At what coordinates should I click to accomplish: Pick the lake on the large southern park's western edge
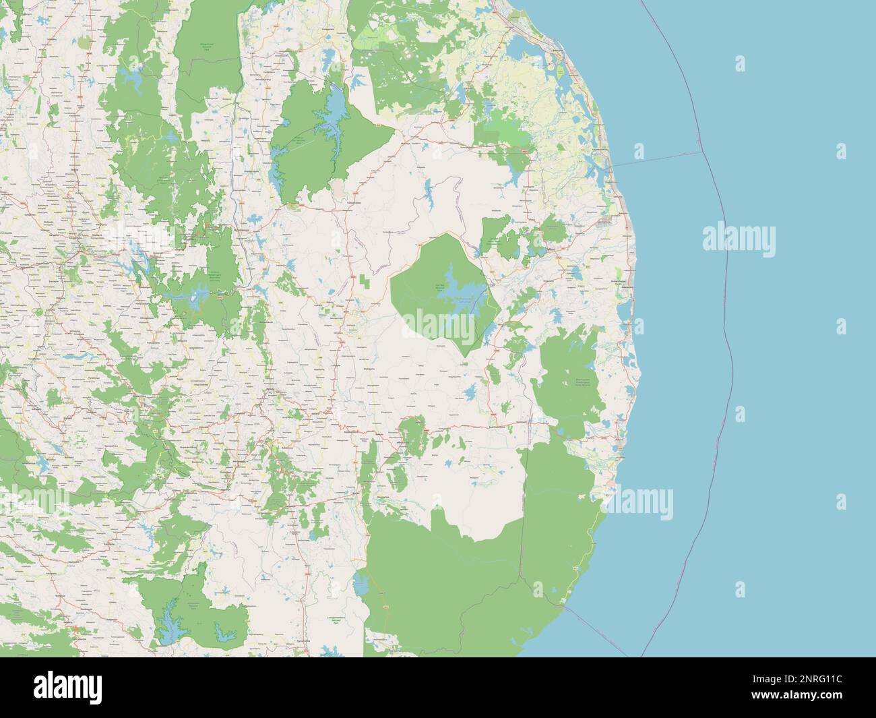point(361,582)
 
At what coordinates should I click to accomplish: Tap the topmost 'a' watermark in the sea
point(741,64)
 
